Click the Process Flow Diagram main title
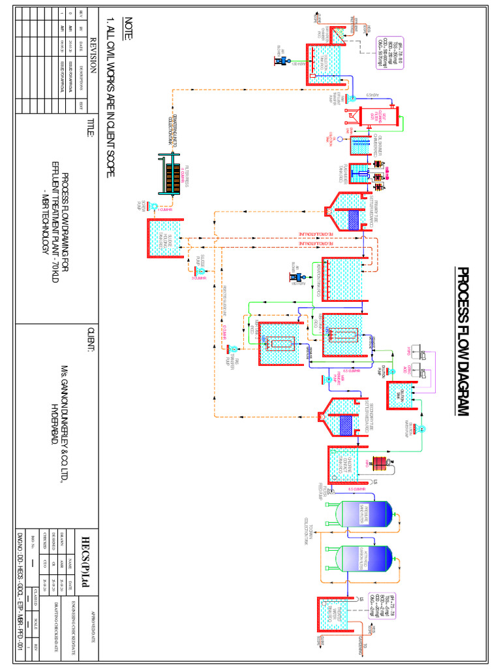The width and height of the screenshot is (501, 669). (x=464, y=340)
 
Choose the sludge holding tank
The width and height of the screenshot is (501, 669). (x=164, y=238)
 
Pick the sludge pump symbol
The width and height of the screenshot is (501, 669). (x=200, y=270)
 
